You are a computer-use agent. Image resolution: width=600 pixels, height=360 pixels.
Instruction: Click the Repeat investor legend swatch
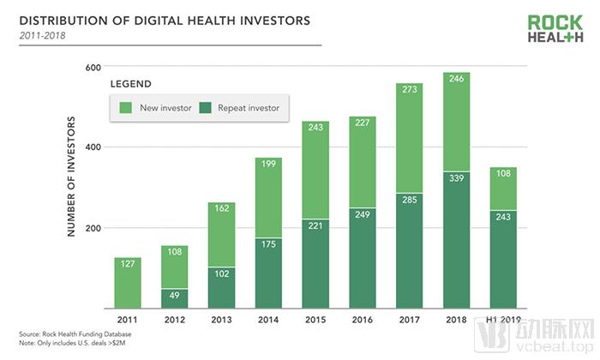click(204, 107)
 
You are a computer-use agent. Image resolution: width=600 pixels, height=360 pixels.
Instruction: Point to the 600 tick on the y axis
click(93, 67)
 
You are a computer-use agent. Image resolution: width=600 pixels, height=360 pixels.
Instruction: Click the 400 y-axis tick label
click(93, 147)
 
